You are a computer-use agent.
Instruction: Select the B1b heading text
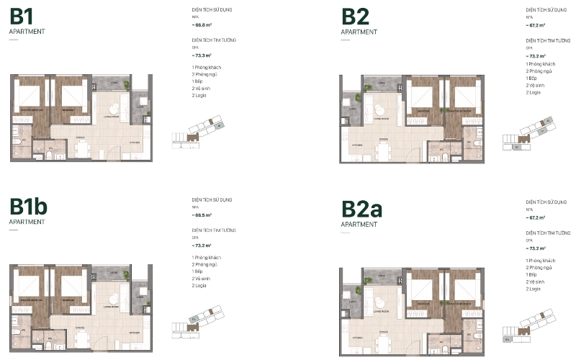[29, 207]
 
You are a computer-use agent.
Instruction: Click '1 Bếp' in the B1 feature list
[198, 81]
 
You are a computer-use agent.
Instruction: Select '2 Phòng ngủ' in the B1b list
[206, 264]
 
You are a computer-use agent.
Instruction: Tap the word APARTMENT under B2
[359, 32]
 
